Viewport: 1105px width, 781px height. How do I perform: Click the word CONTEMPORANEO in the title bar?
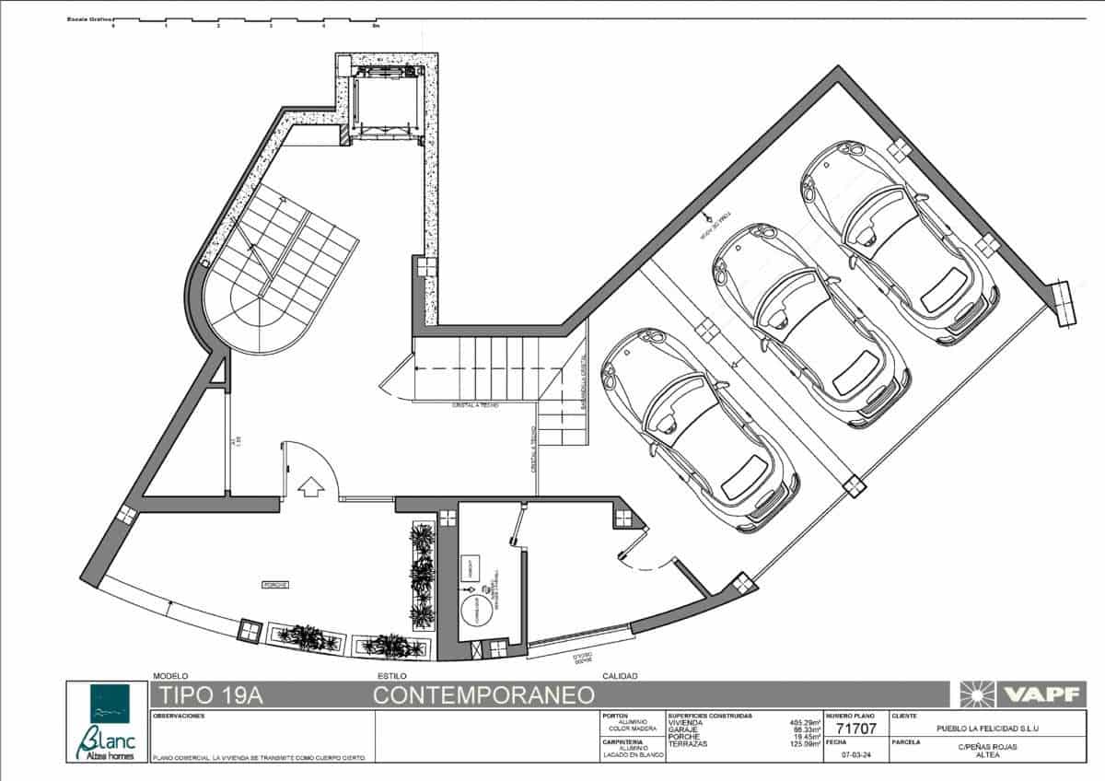point(483,695)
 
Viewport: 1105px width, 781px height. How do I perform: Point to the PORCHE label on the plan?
point(275,585)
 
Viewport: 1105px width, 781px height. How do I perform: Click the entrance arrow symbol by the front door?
point(311,485)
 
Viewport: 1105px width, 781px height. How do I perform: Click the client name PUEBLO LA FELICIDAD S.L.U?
point(986,729)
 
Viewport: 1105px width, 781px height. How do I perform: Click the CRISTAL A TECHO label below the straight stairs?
point(474,405)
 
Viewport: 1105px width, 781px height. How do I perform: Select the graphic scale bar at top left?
point(244,21)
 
